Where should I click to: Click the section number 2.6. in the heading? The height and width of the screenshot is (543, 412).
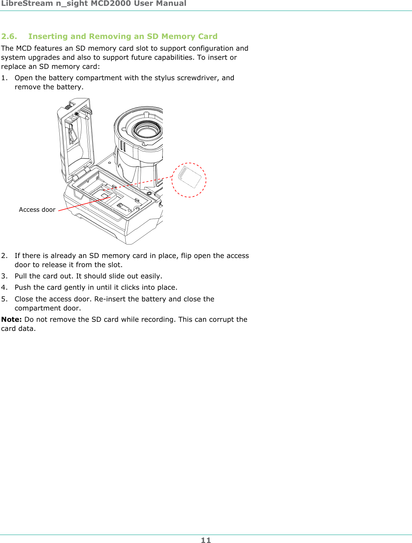[9, 36]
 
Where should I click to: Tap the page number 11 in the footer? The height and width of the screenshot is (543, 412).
[206, 540]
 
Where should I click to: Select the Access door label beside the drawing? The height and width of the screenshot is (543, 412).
[37, 210]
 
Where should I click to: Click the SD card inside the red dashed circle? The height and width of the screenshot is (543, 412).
[189, 177]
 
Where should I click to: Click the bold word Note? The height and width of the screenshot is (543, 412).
[11, 320]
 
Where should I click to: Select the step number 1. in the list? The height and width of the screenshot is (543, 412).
[4, 78]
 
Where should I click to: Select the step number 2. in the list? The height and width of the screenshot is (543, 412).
[4, 256]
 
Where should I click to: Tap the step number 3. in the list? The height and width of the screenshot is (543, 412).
[4, 276]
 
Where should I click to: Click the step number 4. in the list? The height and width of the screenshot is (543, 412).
[4, 288]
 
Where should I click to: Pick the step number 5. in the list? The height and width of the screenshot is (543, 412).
[4, 299]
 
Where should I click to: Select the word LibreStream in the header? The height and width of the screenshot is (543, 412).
[27, 4]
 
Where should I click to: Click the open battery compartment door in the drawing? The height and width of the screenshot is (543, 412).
[76, 140]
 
